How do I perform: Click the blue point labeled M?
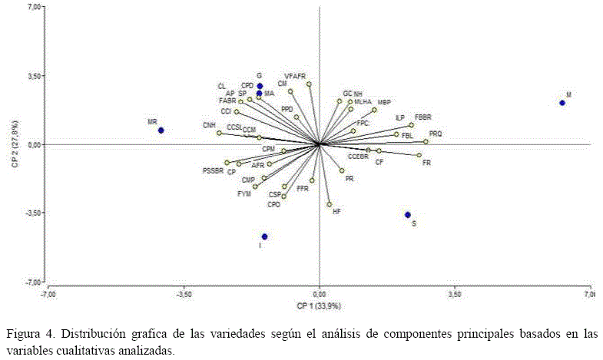coord(562,103)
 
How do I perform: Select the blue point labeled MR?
coord(161,130)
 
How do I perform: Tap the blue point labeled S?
coord(408,215)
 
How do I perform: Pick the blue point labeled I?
coord(265,236)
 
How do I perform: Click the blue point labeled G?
coord(260,86)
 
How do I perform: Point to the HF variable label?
coord(336,210)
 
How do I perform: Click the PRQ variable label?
coord(436,134)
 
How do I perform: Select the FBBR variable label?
coord(423,117)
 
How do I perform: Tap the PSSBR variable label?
coord(213,170)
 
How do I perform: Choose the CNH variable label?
coord(209,125)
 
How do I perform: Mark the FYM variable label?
coord(244,194)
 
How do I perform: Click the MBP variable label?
coord(384,102)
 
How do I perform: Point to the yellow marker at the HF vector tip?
coord(330,204)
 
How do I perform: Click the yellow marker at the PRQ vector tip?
coord(426,141)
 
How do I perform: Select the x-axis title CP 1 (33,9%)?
coord(319,306)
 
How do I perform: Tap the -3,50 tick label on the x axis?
coord(184,294)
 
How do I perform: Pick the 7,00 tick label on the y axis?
coord(35,8)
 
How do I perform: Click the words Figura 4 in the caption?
coord(30,334)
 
